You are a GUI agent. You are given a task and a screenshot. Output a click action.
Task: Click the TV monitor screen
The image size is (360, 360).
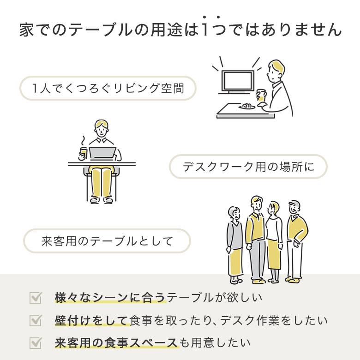point(238,81)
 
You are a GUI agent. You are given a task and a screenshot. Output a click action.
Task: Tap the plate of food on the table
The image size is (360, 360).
point(247,106)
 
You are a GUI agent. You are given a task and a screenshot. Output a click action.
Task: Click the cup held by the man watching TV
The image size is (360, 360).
point(261,95)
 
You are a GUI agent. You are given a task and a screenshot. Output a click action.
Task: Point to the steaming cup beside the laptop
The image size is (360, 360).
point(84,152)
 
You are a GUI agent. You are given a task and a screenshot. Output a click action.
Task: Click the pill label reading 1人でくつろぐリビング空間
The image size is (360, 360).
point(108,88)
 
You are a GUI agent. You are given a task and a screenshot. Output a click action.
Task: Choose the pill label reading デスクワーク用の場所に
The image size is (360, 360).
point(248,167)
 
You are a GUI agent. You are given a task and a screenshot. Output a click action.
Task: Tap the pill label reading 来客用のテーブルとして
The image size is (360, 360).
point(107,241)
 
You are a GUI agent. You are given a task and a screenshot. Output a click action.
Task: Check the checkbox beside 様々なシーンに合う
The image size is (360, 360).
point(36,298)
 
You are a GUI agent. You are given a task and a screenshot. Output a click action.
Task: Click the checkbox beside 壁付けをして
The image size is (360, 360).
point(36,320)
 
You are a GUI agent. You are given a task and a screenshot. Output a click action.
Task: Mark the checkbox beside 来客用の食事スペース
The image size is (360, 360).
point(36,343)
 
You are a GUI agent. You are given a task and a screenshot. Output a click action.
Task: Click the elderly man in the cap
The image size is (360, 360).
point(296,241)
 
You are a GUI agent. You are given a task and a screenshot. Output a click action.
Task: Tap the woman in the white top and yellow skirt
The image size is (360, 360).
point(274,242)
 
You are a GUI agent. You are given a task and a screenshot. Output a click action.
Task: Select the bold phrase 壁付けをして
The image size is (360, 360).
point(91,320)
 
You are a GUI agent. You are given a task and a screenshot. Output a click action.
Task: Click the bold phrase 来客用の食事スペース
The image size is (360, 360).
point(116,343)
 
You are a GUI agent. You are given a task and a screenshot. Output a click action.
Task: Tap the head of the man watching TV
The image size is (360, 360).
point(276,71)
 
